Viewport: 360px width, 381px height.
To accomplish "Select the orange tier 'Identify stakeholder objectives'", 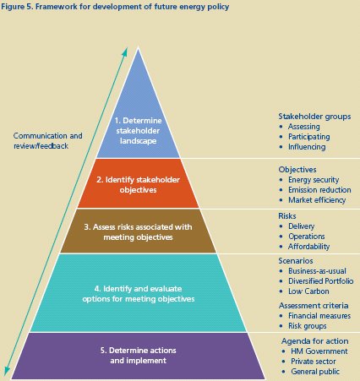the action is pos(138,183).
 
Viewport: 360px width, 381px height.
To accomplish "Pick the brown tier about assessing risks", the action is pos(138,231).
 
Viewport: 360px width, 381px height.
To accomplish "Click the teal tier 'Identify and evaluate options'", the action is pos(138,293).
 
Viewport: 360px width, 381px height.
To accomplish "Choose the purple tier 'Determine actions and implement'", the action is pos(138,356).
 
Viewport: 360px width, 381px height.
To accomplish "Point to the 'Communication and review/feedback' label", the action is pos(47,141).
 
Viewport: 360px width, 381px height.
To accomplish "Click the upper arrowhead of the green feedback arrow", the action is pos(126,50).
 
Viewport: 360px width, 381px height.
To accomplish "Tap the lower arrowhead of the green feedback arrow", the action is pos(6,373).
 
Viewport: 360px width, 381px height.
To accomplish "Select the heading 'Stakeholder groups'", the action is pos(314,117).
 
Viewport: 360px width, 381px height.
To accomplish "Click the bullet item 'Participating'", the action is pos(308,137).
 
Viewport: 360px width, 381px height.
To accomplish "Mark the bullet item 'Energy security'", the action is pos(314,180).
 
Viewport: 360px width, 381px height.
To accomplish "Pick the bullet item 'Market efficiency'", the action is pos(317,200).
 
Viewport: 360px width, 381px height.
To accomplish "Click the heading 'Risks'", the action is pos(287,216).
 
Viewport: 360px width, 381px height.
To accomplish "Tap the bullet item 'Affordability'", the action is pos(308,247).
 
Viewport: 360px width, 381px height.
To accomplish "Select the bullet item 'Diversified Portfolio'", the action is pos(321,281).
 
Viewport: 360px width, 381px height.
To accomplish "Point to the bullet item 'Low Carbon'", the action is pos(308,291).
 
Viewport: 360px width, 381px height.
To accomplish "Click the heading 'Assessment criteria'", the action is pos(314,306).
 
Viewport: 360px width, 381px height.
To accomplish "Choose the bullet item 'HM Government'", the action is pos(319,351).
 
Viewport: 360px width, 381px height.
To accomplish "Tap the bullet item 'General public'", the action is pos(315,372).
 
